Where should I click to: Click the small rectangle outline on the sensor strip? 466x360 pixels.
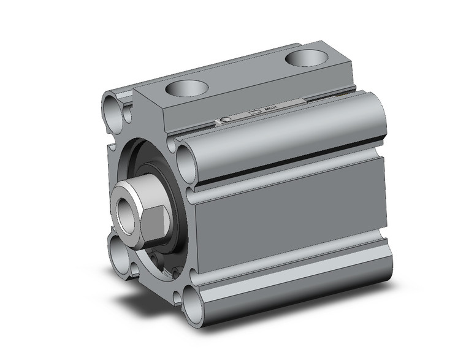click(x=254, y=113)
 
